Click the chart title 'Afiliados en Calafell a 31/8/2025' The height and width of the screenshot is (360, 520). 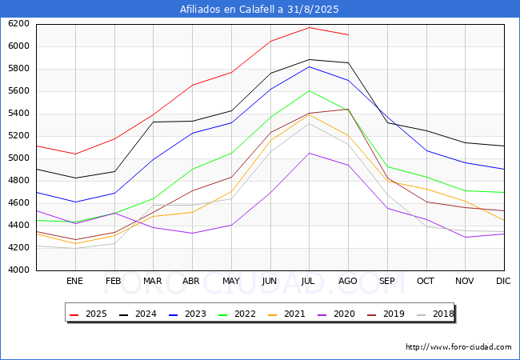coord(260,10)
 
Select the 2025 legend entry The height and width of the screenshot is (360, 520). coord(87,314)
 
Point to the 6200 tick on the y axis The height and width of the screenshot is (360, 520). coord(19,23)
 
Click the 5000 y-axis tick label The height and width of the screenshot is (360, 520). coord(19,158)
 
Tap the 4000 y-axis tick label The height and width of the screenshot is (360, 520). coord(19,270)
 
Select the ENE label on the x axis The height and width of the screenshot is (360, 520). coord(74,281)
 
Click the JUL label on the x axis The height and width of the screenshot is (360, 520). coord(309,281)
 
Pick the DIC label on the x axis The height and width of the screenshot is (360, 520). coord(503,281)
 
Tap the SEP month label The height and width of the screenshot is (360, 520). coord(386,281)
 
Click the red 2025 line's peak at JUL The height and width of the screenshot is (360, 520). coord(309,27)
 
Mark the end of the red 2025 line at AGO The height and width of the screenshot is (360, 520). coord(348,34)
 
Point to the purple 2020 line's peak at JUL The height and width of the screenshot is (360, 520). coord(309,153)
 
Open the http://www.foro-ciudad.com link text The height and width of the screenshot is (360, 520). coord(458,347)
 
